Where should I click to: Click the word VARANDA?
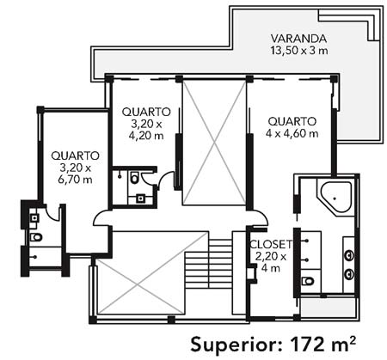[x=298, y=39]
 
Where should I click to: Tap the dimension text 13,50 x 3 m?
[x=299, y=51]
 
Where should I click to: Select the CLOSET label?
[x=271, y=244]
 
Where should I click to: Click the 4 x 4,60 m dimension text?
[x=292, y=133]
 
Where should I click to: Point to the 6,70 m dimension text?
[x=75, y=180]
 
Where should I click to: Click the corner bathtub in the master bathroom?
[x=336, y=198]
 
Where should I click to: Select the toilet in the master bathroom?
[x=308, y=281]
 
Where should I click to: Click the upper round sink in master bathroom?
[x=348, y=254]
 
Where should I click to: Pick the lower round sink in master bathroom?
[x=348, y=274]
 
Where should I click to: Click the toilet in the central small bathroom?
[x=134, y=178]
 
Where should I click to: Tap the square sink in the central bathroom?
[x=140, y=198]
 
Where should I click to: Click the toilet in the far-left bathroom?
[x=36, y=237]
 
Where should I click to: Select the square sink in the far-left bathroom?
[x=34, y=218]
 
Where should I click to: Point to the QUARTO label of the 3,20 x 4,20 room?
[x=146, y=112]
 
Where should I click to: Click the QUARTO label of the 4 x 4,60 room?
[x=292, y=121]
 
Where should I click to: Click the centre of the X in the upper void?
[x=214, y=143]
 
